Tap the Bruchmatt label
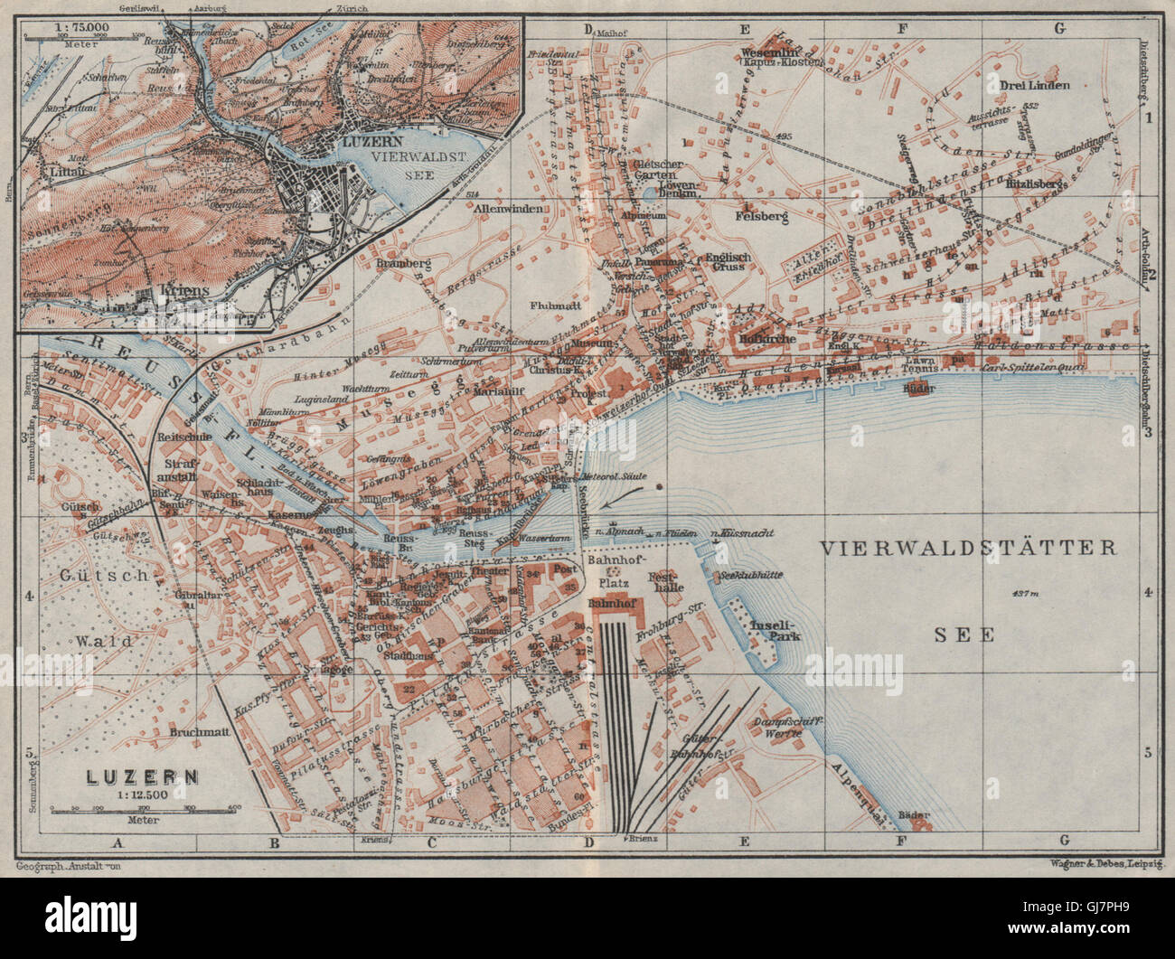point(196,733)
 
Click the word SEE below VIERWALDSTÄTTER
point(963,635)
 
